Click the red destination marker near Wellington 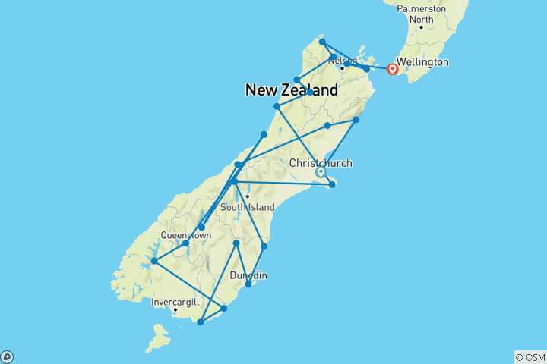[x=393, y=69]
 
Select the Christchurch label [x=321, y=163]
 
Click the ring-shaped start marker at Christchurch [x=321, y=172]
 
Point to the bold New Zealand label [x=292, y=90]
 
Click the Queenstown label [x=185, y=235]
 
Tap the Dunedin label [x=248, y=275]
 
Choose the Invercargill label [x=175, y=302]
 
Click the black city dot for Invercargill [x=175, y=309]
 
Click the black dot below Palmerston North [x=421, y=27]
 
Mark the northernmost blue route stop [x=322, y=42]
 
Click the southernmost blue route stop [x=200, y=322]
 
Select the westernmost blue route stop [x=154, y=261]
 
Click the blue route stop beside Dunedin [x=248, y=284]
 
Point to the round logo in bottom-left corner [x=6, y=357]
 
